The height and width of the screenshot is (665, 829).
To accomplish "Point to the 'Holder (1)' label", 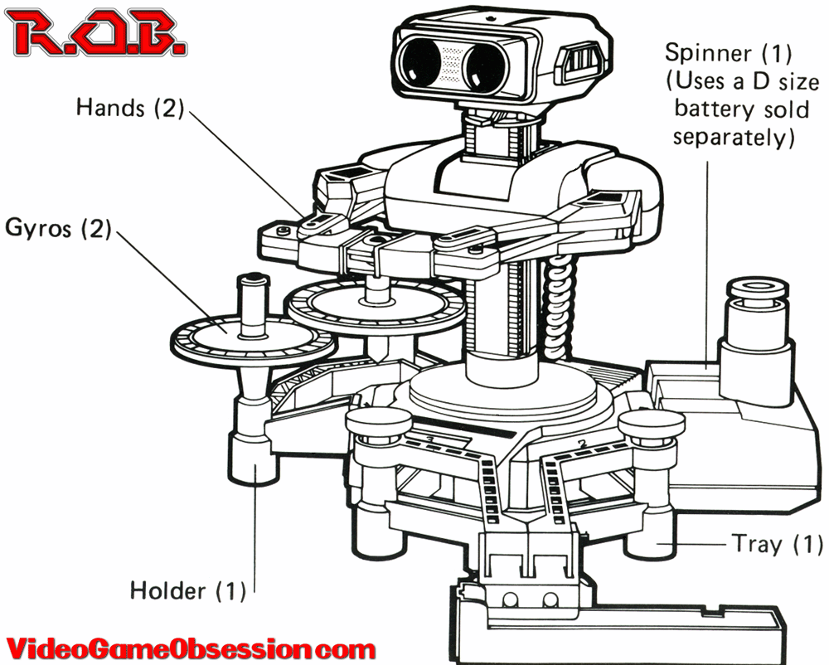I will coord(187,591).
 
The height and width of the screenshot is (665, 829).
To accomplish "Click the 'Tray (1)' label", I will coord(777,544).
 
